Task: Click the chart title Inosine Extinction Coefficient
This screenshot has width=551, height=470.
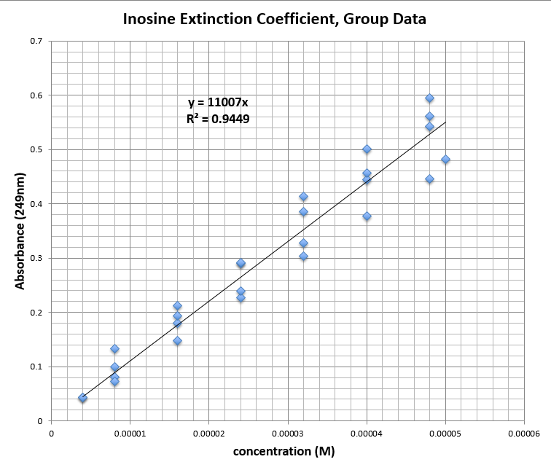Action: [x=273, y=19]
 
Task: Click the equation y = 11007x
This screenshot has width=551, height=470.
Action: [x=218, y=103]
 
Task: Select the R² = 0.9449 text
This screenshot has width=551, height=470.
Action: [x=218, y=118]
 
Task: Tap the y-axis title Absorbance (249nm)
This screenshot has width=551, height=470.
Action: [x=20, y=231]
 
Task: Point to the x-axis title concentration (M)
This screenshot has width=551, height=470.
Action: [x=284, y=452]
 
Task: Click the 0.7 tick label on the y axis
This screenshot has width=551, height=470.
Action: [x=36, y=41]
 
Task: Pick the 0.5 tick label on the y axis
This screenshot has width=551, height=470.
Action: [x=36, y=149]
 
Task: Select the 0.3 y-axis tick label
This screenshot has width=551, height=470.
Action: [x=36, y=258]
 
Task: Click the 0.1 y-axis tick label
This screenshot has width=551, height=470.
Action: [x=36, y=367]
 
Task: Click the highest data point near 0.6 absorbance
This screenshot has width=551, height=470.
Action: [x=430, y=98]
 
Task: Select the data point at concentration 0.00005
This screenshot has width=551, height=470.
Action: [x=445, y=160]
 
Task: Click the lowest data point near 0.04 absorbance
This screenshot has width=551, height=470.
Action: [x=82, y=398]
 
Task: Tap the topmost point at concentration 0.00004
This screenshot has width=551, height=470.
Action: [x=367, y=149]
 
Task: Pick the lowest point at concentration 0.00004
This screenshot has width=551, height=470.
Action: [x=367, y=216]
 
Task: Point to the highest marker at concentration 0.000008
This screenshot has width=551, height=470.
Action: [x=114, y=349]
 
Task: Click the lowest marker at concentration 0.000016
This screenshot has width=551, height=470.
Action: [x=177, y=341]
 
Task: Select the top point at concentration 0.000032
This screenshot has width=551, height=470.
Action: [x=303, y=197]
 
